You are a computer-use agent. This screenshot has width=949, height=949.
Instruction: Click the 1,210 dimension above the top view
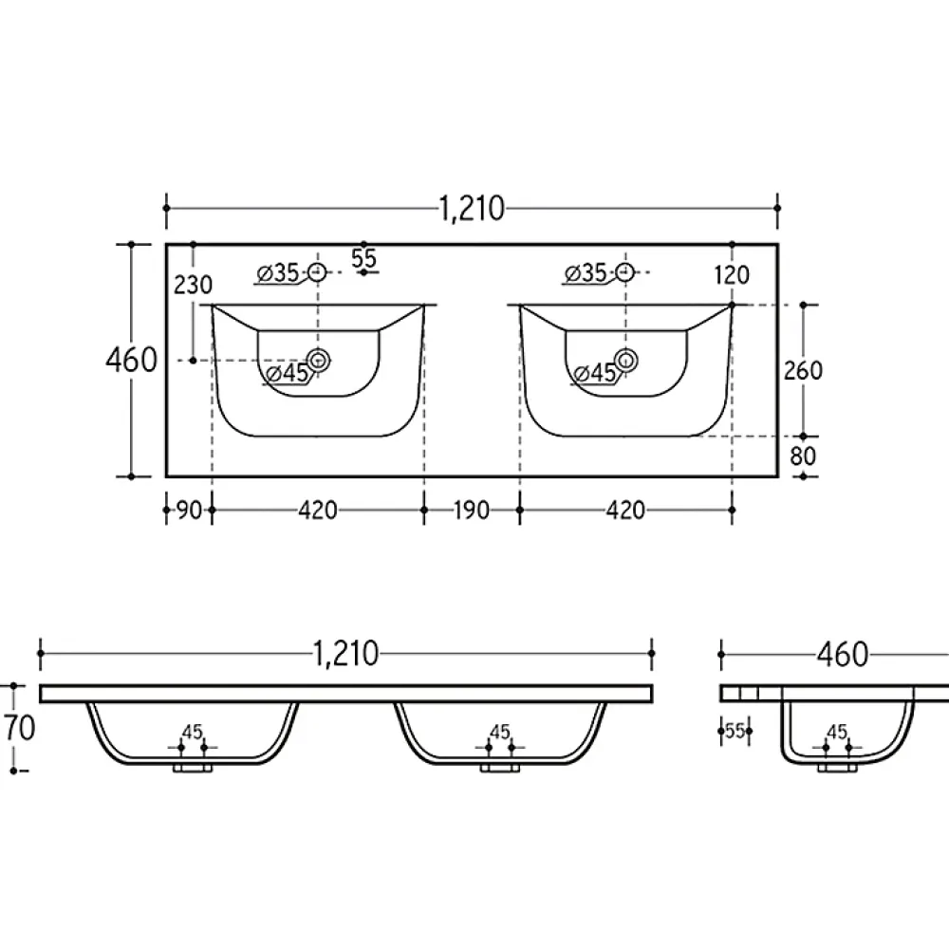coord(472,209)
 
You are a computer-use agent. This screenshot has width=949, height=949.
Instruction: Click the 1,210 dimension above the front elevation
coord(345,654)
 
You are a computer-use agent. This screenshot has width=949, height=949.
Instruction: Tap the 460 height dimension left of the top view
coord(131,360)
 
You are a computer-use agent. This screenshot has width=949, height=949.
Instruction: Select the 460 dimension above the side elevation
coord(842,654)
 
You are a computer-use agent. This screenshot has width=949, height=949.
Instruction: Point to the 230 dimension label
coord(193,285)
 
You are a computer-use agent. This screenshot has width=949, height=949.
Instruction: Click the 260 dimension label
coord(803,370)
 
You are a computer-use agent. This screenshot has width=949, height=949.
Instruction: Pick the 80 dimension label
coord(803,456)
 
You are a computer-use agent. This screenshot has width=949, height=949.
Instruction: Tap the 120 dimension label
coord(732,275)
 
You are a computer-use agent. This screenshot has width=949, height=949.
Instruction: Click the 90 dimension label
coord(189,511)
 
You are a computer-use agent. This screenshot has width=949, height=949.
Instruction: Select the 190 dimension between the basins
coord(471,511)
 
